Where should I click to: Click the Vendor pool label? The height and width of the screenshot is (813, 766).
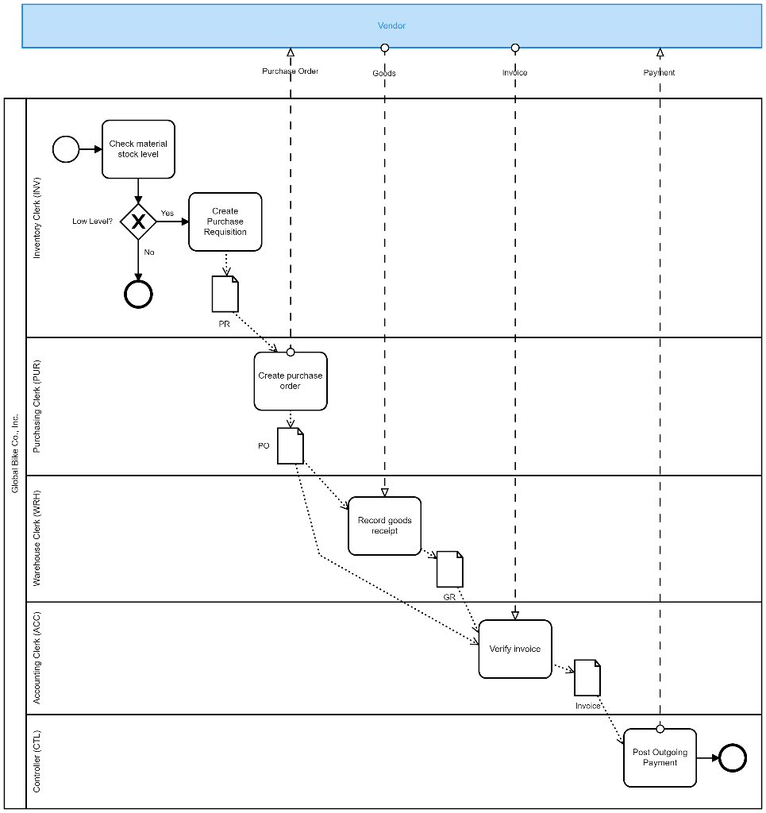coord(391,25)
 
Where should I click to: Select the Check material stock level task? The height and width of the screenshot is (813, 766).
coord(138,149)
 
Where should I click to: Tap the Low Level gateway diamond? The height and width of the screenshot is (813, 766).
coord(138,222)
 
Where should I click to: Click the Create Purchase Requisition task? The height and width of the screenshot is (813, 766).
coord(225,222)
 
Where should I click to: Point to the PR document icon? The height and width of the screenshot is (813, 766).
coord(225,295)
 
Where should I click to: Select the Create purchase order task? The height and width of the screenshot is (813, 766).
coord(291,382)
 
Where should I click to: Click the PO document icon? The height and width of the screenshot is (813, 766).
coord(291,446)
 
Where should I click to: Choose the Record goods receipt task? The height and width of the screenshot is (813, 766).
coord(385,526)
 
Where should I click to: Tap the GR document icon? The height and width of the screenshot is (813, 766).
coord(449,569)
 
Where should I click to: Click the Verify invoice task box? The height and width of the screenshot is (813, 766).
coord(515,649)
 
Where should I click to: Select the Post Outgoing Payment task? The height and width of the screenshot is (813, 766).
coord(660,757)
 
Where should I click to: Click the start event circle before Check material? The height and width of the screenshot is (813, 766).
coord(66,149)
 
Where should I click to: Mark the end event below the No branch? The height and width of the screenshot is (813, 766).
coord(138,295)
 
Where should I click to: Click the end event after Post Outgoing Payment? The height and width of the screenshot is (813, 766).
coord(733,757)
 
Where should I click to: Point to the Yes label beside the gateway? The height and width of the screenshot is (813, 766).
coord(167,213)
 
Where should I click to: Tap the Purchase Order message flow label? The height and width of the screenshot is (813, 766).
coord(291,71)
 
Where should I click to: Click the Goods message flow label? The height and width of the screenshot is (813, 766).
coord(384,73)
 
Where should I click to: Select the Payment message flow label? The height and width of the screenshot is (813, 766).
coord(659,72)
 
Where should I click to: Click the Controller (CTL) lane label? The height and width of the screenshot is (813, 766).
coord(37,761)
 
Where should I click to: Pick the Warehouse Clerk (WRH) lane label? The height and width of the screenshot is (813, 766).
coord(37,538)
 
